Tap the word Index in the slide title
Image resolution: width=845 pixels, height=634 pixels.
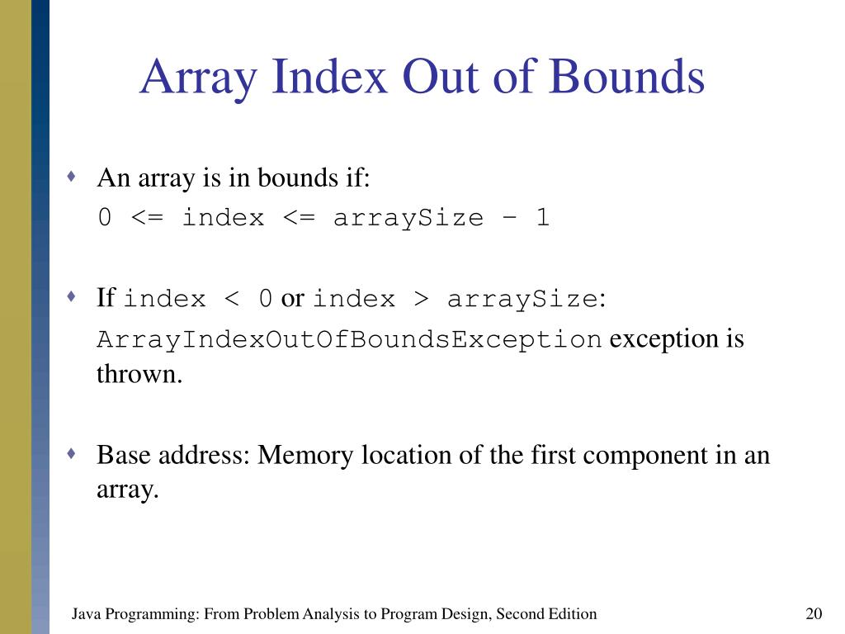point(330,78)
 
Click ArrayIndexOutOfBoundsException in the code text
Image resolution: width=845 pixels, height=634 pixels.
point(349,339)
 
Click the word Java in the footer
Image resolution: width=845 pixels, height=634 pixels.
point(87,613)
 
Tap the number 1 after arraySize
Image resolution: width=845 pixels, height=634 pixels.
point(541,218)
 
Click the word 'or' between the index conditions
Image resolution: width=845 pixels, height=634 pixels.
point(292,298)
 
